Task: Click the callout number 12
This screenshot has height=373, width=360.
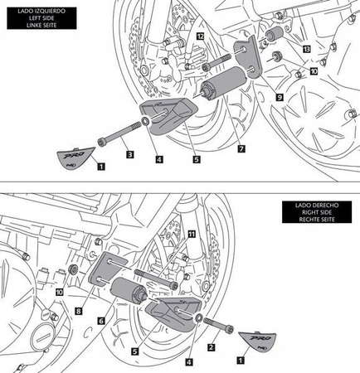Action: click(x=200, y=37)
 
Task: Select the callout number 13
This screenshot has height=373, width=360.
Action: click(x=307, y=50)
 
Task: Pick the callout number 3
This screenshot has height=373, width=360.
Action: click(x=129, y=154)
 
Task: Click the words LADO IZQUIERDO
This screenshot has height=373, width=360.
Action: click(x=40, y=7)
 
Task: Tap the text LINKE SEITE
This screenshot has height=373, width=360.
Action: click(x=40, y=26)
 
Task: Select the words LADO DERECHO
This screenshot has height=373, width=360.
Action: click(x=316, y=203)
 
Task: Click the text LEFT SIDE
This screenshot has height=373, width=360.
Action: click(x=40, y=17)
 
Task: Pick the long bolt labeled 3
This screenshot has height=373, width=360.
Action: click(x=121, y=133)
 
